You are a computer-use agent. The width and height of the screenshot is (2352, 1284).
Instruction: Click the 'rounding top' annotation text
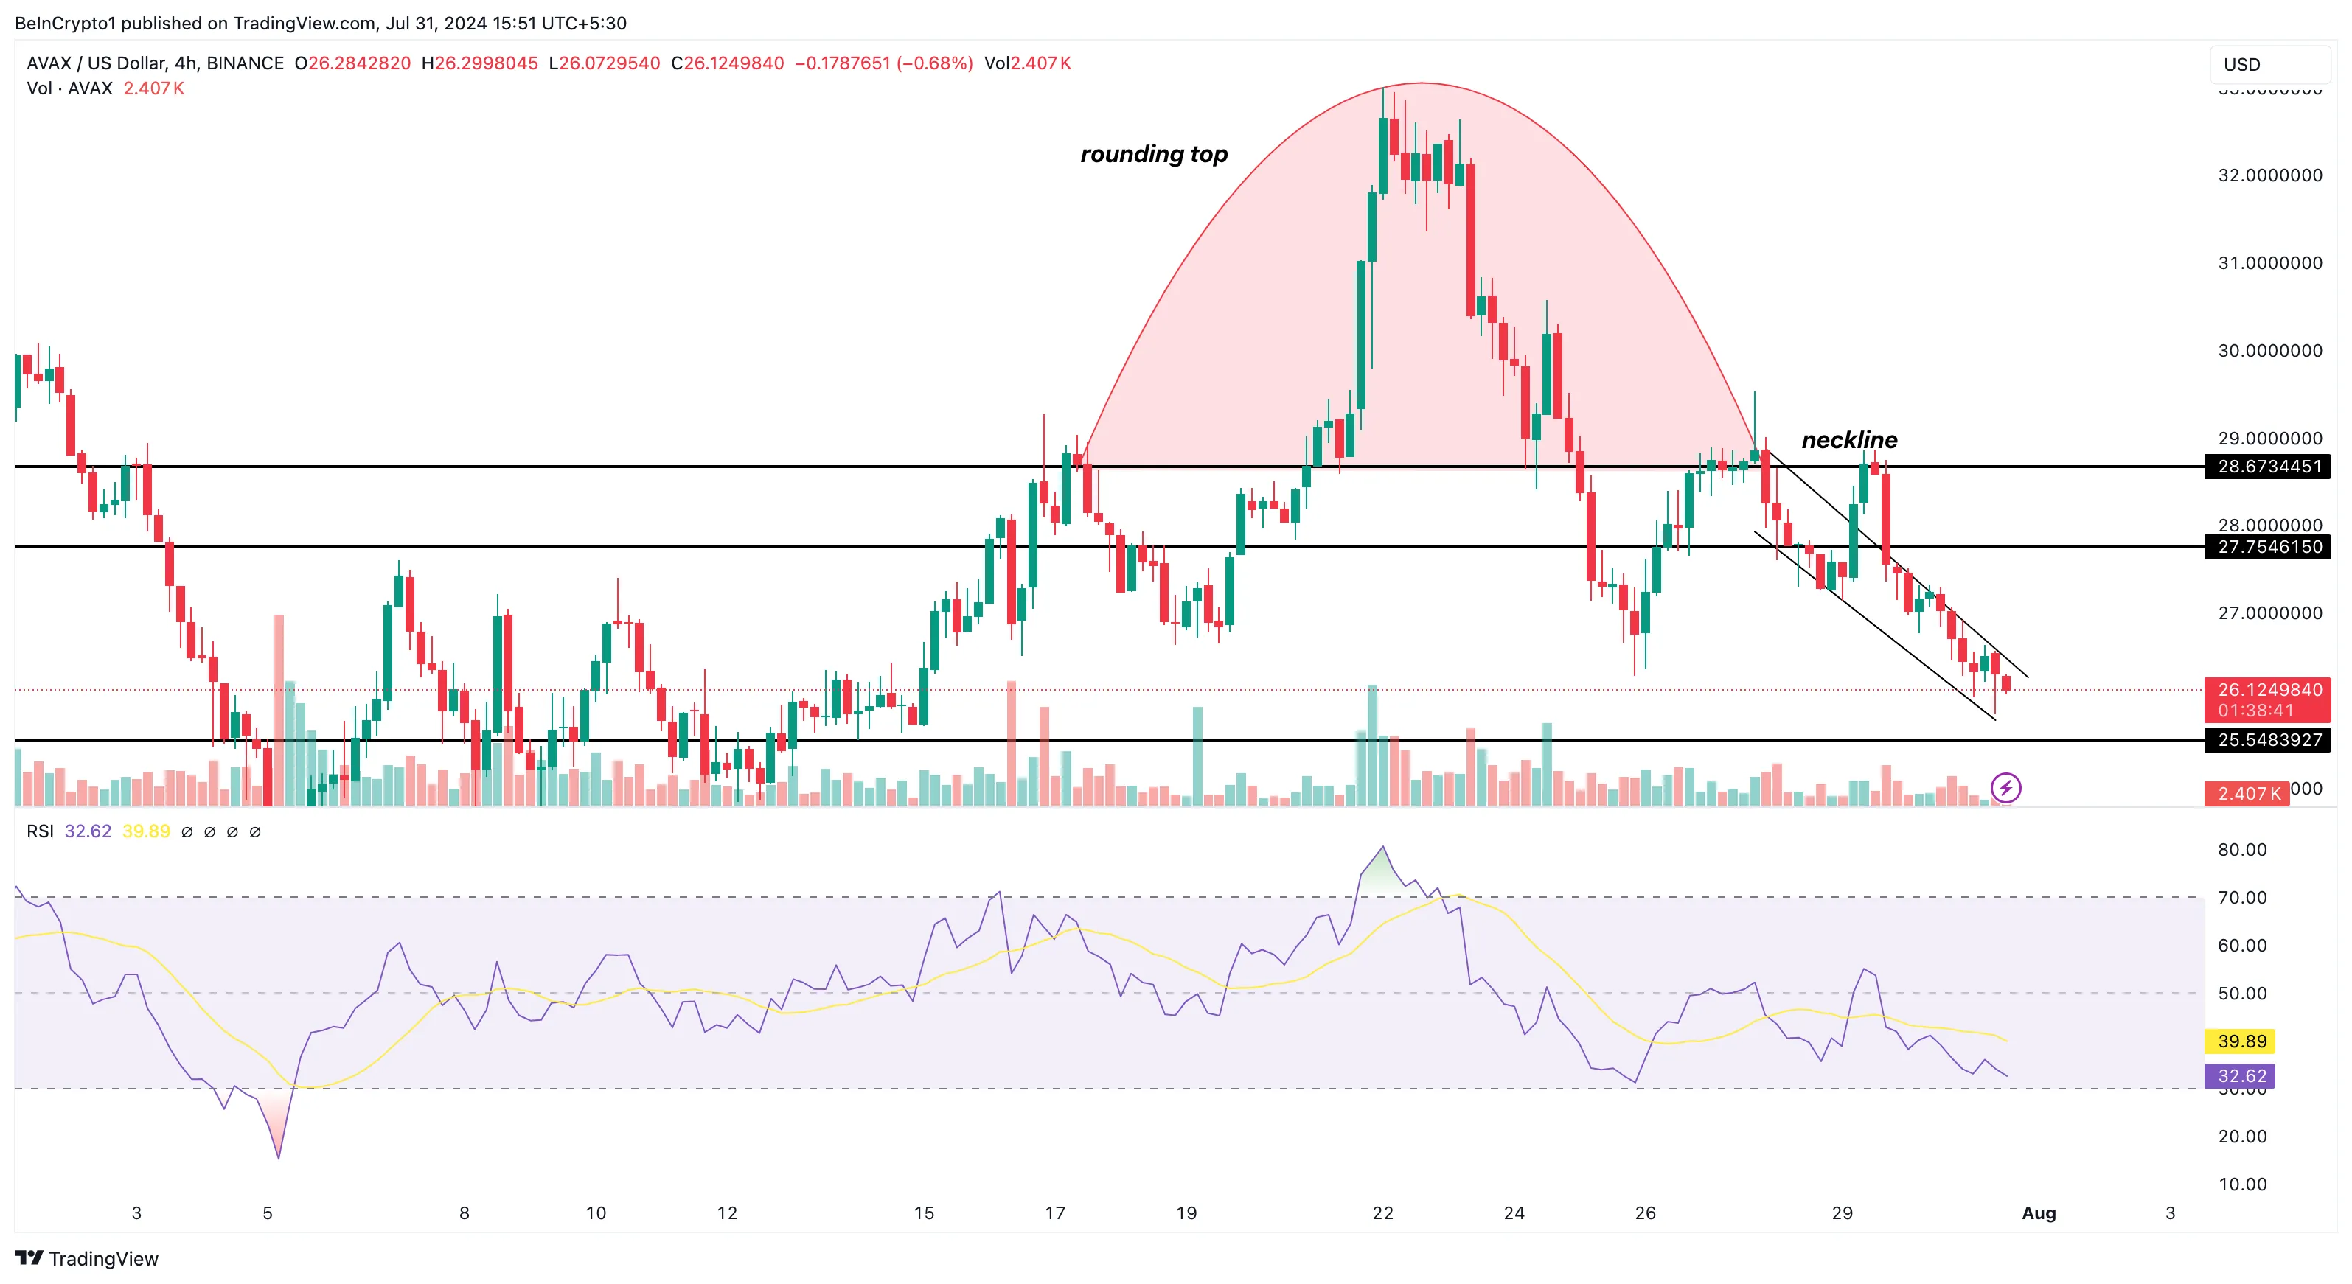click(x=1154, y=154)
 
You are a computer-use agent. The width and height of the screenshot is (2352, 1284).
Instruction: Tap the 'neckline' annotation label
click(x=1849, y=440)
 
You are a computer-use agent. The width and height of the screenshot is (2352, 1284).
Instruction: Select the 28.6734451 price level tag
click(x=2269, y=467)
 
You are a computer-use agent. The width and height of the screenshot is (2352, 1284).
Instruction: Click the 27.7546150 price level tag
click(x=2269, y=547)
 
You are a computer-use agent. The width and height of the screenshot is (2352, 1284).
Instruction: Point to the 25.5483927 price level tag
click(x=2269, y=740)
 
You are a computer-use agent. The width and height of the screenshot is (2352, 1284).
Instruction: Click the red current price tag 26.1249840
click(x=2269, y=691)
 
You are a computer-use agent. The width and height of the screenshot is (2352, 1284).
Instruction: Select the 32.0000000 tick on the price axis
click(x=2270, y=175)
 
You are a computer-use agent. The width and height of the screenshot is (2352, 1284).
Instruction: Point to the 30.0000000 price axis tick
click(x=2270, y=350)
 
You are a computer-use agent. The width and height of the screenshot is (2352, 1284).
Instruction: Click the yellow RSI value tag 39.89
click(x=2241, y=1041)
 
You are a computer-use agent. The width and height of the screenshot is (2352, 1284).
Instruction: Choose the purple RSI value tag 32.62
click(x=2241, y=1076)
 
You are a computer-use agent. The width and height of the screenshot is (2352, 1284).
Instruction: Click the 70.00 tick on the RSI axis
click(x=2241, y=898)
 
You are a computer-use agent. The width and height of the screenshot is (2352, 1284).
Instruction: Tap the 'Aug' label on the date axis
click(x=2039, y=1213)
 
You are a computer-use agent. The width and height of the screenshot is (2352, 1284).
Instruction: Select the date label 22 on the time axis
click(x=1383, y=1213)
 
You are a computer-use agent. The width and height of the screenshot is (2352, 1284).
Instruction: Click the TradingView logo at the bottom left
click(x=87, y=1258)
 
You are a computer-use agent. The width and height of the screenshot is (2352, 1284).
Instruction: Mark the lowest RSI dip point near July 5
click(x=279, y=1158)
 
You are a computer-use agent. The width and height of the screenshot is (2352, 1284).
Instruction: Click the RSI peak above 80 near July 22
click(x=1383, y=847)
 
